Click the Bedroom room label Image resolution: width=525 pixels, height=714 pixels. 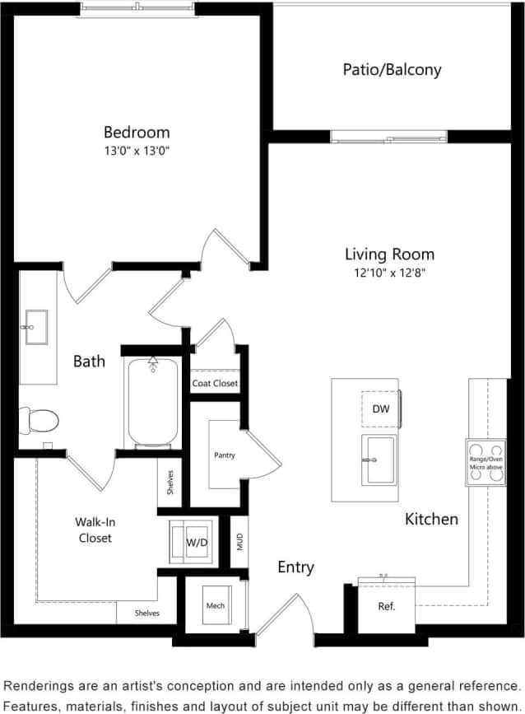pos(137,132)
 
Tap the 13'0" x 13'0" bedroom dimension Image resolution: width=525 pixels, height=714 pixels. pos(137,151)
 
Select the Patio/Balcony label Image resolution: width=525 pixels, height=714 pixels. pos(392,70)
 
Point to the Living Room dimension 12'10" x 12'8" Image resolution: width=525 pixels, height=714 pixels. pos(389,272)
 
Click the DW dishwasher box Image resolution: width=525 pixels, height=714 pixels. pos(380,408)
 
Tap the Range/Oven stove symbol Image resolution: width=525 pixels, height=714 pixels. pos(486,462)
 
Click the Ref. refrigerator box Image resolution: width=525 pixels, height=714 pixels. pos(387,607)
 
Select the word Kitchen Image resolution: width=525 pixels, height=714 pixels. pos(431,519)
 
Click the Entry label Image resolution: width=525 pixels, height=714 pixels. pos(295,567)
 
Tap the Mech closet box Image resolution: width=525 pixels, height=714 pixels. pos(215,606)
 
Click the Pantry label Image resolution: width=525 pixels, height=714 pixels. pos(225,455)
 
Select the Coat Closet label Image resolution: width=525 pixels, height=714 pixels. pos(215,384)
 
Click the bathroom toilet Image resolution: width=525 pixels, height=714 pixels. pos(39,421)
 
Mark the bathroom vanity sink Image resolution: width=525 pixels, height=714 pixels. pos(36,326)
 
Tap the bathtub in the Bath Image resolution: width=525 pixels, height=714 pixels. pos(151,404)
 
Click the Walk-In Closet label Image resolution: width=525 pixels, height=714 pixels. pos(94,530)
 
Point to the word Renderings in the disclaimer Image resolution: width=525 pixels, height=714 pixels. pos(41,685)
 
